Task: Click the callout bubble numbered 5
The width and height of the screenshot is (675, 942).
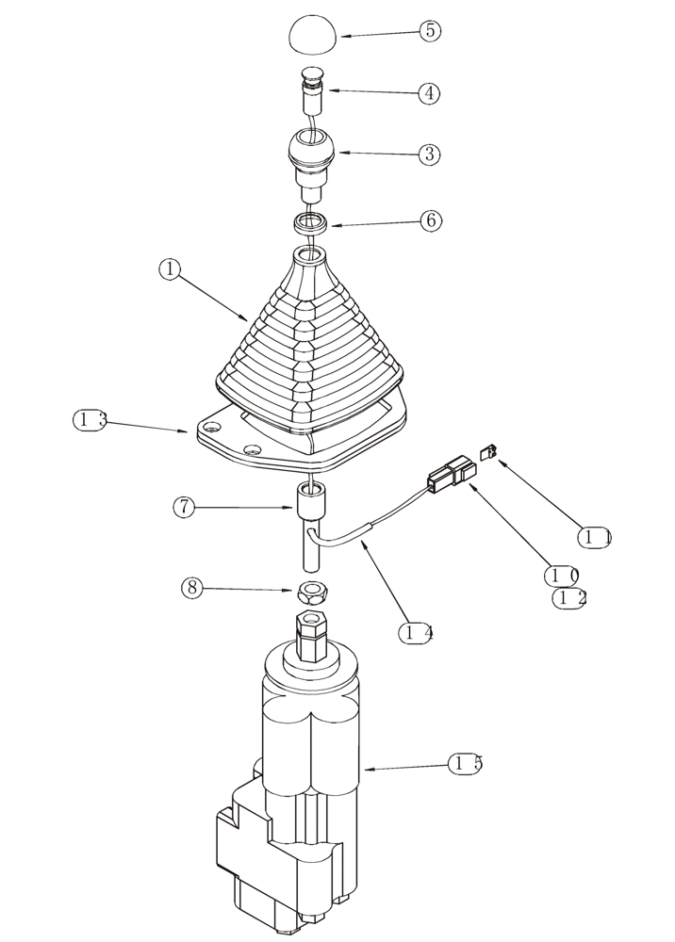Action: point(430,30)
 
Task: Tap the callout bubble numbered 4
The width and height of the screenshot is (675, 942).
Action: point(430,93)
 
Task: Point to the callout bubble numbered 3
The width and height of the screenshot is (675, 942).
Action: point(430,154)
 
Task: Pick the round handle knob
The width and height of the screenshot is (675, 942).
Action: point(311,154)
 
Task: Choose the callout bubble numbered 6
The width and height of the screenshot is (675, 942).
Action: point(430,220)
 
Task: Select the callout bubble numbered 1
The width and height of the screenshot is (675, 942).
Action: point(170,269)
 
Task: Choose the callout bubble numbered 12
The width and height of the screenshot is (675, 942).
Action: point(568,598)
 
